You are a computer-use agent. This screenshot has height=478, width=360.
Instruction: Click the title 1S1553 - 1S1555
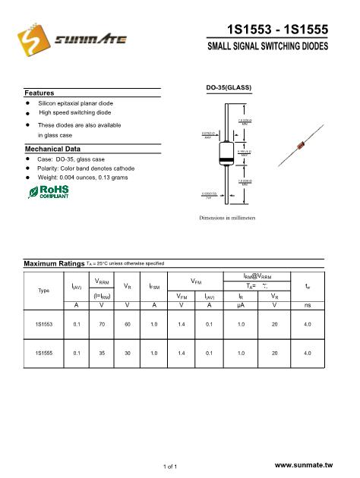(x=276, y=30)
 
